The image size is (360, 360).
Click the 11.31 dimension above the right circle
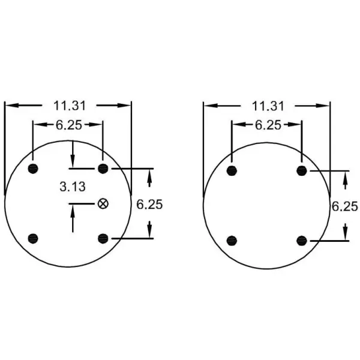(x=268, y=106)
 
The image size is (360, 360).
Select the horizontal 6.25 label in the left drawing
(x=68, y=125)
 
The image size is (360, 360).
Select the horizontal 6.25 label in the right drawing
(x=267, y=125)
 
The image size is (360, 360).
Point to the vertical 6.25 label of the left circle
(x=149, y=204)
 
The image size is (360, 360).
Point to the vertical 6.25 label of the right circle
(x=345, y=206)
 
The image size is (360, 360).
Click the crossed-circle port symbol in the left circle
(x=103, y=203)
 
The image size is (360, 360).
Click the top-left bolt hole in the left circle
(x=33, y=167)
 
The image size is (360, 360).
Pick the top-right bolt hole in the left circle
(x=103, y=167)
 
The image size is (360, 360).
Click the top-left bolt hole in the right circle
(x=232, y=171)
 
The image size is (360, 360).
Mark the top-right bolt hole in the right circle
(x=302, y=171)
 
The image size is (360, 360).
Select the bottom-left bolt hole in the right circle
(x=232, y=241)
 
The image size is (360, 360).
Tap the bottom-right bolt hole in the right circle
(x=302, y=241)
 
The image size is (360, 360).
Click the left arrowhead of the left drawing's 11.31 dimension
(x=10, y=106)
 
